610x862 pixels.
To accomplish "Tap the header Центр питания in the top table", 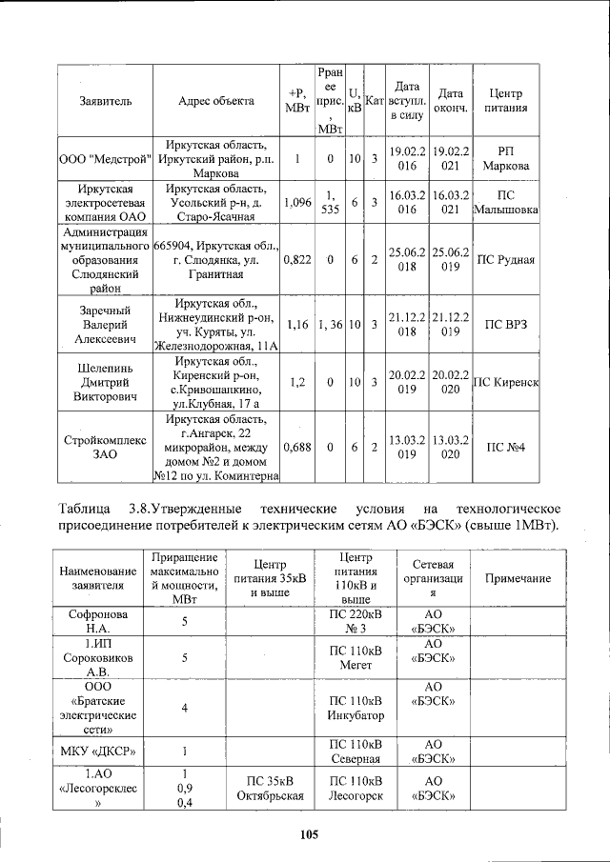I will [506, 100].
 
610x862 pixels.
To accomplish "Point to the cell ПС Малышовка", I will [506, 202].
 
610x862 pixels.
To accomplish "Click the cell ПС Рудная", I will [506, 259].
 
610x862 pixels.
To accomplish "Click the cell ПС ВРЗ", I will [506, 324].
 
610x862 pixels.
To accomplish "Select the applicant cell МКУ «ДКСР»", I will [99, 750].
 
